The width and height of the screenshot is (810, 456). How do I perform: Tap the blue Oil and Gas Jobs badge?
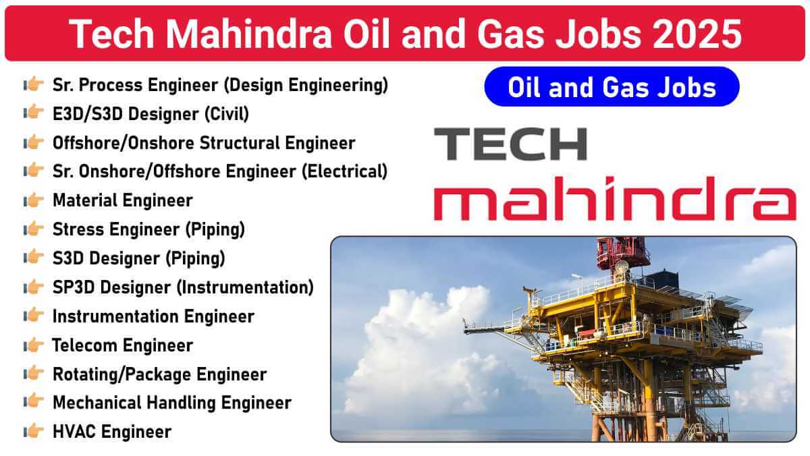[612, 87]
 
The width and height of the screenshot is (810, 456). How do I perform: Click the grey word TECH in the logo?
[510, 144]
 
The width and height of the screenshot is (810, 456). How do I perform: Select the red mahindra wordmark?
[615, 198]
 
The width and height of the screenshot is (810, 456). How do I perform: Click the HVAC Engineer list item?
[112, 432]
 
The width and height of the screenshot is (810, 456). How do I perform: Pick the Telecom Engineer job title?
[123, 345]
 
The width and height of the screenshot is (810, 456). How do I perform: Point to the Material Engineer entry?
[123, 200]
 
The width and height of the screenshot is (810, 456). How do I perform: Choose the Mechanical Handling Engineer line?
[172, 403]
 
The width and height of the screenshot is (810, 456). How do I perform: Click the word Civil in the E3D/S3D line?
[227, 114]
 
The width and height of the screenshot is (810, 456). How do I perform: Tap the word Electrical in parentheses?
[345, 171]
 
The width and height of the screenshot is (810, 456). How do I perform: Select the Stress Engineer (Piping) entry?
[149, 230]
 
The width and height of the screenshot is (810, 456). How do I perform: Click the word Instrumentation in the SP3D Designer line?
[245, 287]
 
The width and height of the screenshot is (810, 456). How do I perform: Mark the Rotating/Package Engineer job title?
[160, 374]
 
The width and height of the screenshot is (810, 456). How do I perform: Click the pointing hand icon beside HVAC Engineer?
[34, 431]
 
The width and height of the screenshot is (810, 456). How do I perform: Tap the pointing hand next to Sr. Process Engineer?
[34, 84]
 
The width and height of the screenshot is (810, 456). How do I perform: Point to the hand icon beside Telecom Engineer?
[34, 345]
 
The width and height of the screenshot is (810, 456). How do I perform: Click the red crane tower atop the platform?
[621, 253]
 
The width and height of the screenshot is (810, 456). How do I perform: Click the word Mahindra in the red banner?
[248, 34]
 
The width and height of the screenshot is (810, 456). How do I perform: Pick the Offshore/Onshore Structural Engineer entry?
[204, 143]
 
